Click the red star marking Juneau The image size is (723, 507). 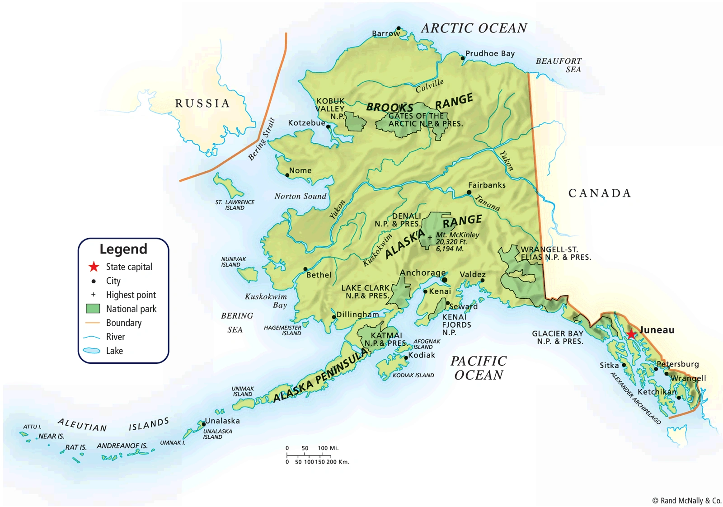coord(631,334)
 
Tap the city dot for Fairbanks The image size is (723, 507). coord(469,192)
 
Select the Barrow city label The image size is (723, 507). coord(385,33)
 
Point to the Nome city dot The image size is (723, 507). coord(287,175)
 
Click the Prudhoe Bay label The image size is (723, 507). coord(490,53)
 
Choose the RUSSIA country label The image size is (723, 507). coord(202,103)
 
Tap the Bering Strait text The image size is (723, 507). coord(262,139)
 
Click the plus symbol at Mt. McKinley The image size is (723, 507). coord(430,237)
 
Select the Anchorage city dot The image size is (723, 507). coord(445,280)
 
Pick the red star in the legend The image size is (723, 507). coord(94,267)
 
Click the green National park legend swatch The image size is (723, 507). coord(93,309)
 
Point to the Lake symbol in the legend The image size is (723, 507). coord(92,351)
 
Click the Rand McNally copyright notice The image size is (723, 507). coord(686,500)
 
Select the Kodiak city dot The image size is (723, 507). coord(406,357)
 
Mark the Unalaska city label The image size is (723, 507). coord(222,421)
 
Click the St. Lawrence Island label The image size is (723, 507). coord(235,205)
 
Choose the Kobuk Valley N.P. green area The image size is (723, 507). coord(356,122)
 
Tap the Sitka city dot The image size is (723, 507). coord(624,365)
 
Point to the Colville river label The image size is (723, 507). coord(430,85)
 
